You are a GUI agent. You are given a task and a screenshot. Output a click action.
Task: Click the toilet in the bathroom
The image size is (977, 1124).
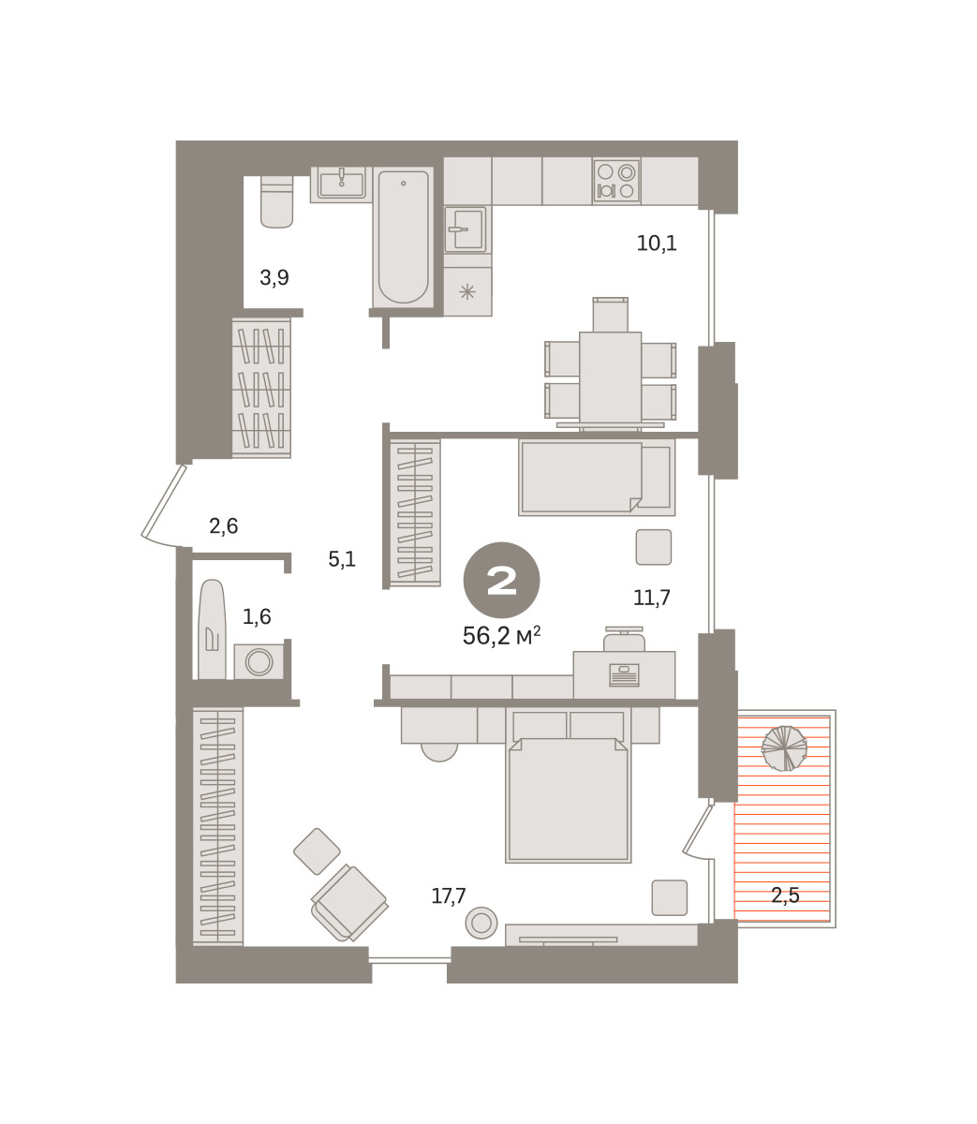tap(276, 201)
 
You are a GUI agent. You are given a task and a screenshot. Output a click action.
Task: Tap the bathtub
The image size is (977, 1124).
tap(403, 237)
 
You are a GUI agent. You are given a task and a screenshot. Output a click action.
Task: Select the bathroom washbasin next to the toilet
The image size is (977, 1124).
tap(341, 185)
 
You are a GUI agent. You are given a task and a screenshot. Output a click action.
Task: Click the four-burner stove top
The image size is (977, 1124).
tap(616, 181)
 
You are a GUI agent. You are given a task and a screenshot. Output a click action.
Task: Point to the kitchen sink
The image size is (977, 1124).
tap(466, 229)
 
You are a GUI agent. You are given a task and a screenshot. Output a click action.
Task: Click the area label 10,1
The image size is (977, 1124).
tap(657, 243)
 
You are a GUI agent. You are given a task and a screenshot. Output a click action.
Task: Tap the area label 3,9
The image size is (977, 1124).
tap(274, 277)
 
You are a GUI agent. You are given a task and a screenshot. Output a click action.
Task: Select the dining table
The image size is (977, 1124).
tap(610, 379)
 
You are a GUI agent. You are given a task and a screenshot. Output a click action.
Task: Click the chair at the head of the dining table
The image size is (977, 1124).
tap(610, 315)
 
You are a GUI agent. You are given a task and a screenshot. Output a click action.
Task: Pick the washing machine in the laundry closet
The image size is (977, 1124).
tap(259, 662)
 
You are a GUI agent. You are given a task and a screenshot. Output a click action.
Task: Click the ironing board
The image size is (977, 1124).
tap(212, 629)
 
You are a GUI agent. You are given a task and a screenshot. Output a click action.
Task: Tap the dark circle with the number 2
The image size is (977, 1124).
tap(501, 580)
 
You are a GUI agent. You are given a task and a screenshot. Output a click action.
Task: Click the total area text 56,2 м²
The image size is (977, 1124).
tap(501, 636)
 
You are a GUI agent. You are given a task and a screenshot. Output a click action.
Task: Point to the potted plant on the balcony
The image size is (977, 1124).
tap(784, 748)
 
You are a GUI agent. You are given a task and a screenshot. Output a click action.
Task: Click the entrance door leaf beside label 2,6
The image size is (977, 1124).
tap(163, 500)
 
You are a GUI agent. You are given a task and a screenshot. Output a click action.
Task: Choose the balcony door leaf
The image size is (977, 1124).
tap(698, 828)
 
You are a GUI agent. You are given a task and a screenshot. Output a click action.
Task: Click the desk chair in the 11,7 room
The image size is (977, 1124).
tap(624, 640)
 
